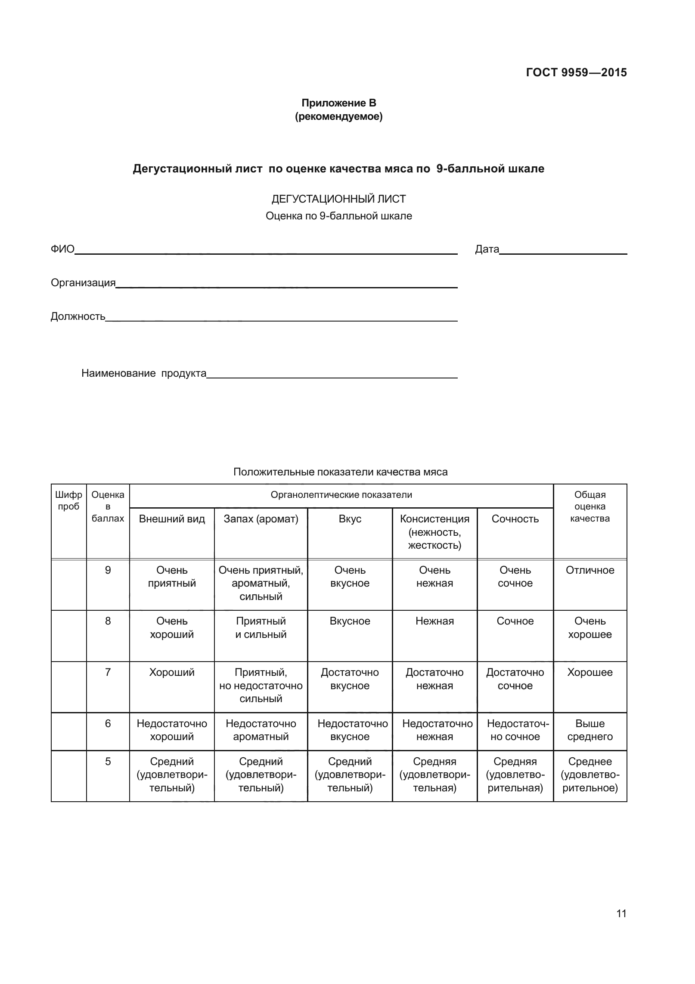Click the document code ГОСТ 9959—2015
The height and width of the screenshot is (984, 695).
pyautogui.click(x=576, y=72)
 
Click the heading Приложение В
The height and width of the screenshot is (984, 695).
pyautogui.click(x=338, y=103)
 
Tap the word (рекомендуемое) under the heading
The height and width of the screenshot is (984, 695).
pyautogui.click(x=338, y=116)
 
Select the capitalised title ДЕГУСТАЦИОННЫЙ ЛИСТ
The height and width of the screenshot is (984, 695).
pyautogui.click(x=338, y=199)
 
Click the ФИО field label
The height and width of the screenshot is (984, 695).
pyautogui.click(x=62, y=249)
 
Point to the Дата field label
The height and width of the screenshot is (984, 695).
pyautogui.click(x=487, y=249)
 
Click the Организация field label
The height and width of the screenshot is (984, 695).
pyautogui.click(x=83, y=283)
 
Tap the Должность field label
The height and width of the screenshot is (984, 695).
pyautogui.click(x=78, y=316)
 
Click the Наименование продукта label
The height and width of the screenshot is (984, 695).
pyautogui.click(x=144, y=373)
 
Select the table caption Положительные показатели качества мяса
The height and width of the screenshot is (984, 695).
pyautogui.click(x=340, y=472)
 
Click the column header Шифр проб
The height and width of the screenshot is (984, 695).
pyautogui.click(x=69, y=500)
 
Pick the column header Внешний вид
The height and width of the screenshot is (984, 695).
pyautogui.click(x=172, y=519)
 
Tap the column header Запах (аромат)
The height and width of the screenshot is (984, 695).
pyautogui.click(x=261, y=519)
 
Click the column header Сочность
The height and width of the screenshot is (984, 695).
pyautogui.click(x=515, y=519)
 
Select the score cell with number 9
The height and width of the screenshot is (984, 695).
pyautogui.click(x=108, y=570)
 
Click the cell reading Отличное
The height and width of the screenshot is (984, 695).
pyautogui.click(x=590, y=570)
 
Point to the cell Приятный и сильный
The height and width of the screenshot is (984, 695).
pyautogui.click(x=261, y=628)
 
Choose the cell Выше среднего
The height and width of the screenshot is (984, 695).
pyautogui.click(x=590, y=730)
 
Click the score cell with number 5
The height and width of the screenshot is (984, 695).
pyautogui.click(x=108, y=762)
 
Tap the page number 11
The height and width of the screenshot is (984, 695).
pyautogui.click(x=621, y=926)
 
